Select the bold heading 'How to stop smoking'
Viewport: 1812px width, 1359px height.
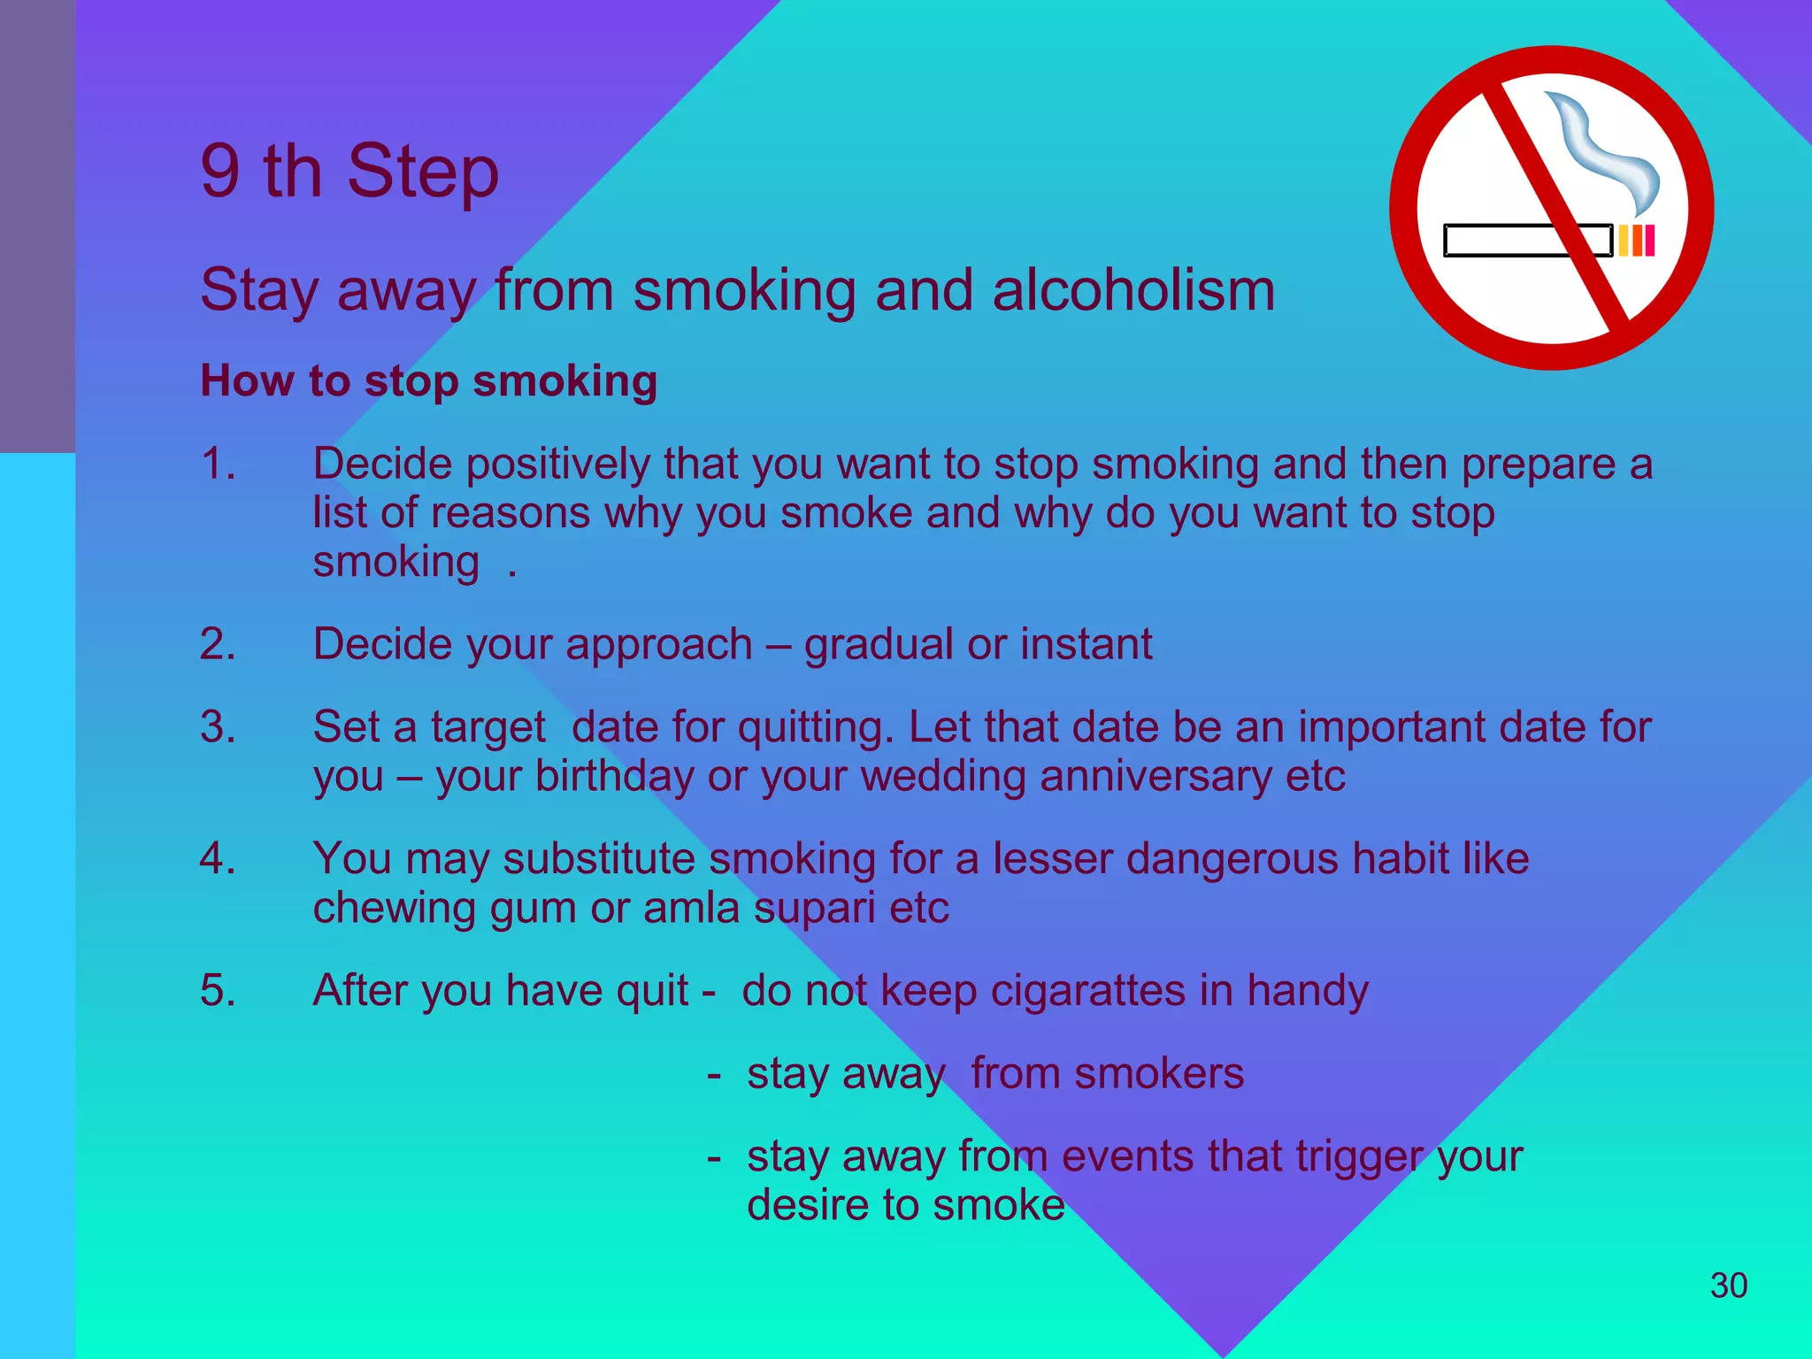(x=429, y=381)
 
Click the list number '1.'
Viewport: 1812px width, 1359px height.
(x=218, y=464)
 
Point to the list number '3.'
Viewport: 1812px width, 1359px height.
(x=218, y=727)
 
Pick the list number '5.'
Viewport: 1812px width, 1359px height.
(x=218, y=990)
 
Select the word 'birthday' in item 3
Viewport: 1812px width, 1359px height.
(x=614, y=777)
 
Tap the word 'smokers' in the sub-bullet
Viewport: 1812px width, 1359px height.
(x=1159, y=1074)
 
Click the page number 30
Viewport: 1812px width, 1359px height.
(x=1728, y=1286)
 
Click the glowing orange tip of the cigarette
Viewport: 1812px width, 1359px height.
(x=1637, y=241)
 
